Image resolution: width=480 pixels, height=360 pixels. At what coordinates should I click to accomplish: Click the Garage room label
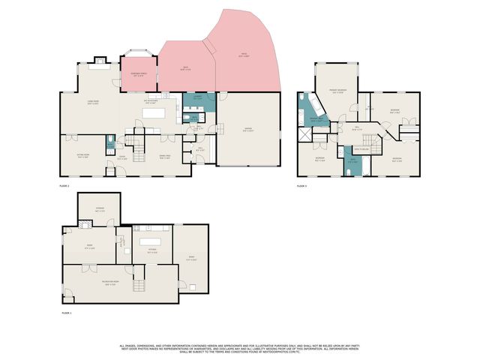[x=247, y=130]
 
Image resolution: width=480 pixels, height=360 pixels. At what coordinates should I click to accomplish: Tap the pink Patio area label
[x=244, y=55]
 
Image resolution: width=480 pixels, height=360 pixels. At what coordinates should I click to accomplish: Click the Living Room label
[x=93, y=103]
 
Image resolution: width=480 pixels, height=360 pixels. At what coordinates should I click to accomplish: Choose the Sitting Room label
[x=83, y=156]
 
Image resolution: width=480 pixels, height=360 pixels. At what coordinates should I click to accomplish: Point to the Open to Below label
[x=359, y=148]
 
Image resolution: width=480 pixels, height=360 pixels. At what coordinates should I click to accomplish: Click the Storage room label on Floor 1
[x=99, y=210]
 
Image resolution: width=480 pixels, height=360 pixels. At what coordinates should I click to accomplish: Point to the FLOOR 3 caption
[x=301, y=185]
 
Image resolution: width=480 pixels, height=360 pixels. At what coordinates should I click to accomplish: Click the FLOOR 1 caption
[x=65, y=312]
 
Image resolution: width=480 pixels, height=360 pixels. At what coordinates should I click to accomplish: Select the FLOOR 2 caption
[x=64, y=185]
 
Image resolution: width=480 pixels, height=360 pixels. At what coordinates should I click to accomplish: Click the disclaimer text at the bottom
[x=240, y=348]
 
